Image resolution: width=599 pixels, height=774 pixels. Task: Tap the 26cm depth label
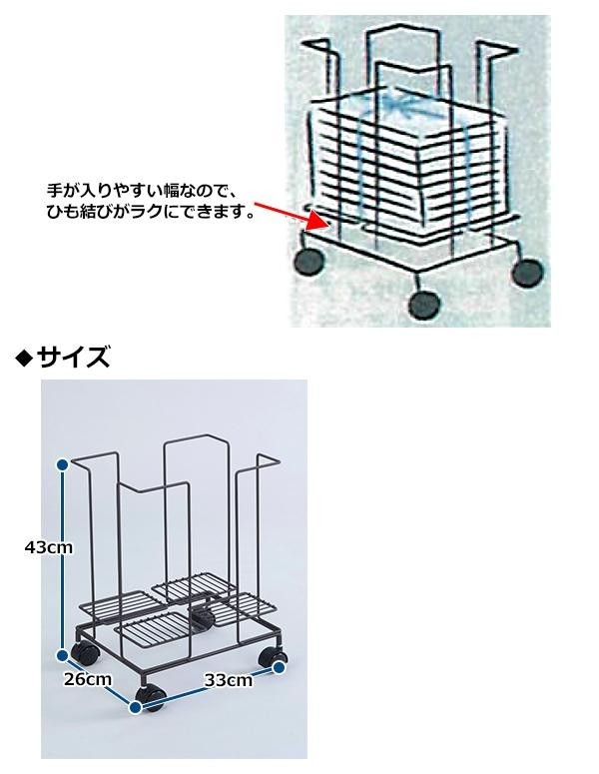click(88, 680)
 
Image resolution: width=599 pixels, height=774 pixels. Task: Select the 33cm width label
click(229, 681)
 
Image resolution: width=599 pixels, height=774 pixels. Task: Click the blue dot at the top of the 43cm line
click(63, 464)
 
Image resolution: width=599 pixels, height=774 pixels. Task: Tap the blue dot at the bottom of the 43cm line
click(63, 655)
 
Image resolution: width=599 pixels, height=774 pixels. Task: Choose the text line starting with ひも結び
click(151, 211)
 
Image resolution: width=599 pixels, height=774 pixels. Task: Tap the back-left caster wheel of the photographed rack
click(85, 656)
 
